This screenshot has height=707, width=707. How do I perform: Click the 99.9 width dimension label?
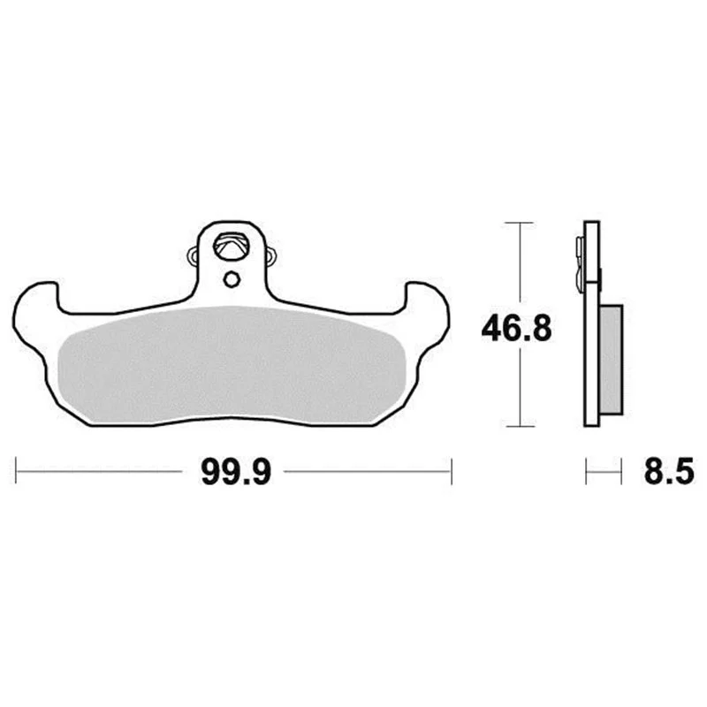tap(236, 472)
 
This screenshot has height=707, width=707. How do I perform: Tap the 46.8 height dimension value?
tap(516, 329)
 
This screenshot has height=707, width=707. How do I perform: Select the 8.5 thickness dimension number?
tap(669, 472)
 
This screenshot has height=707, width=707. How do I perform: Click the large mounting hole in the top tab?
tap(232, 247)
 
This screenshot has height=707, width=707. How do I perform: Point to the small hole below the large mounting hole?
tap(232, 280)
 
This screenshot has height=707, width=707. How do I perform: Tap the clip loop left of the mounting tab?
tap(193, 256)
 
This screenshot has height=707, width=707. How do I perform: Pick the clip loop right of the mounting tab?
tap(271, 256)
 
